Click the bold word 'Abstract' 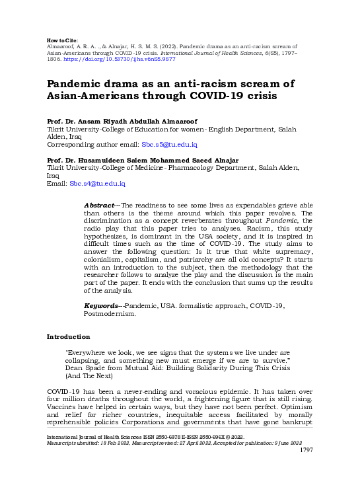[99, 206]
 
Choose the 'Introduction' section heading [69, 337]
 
